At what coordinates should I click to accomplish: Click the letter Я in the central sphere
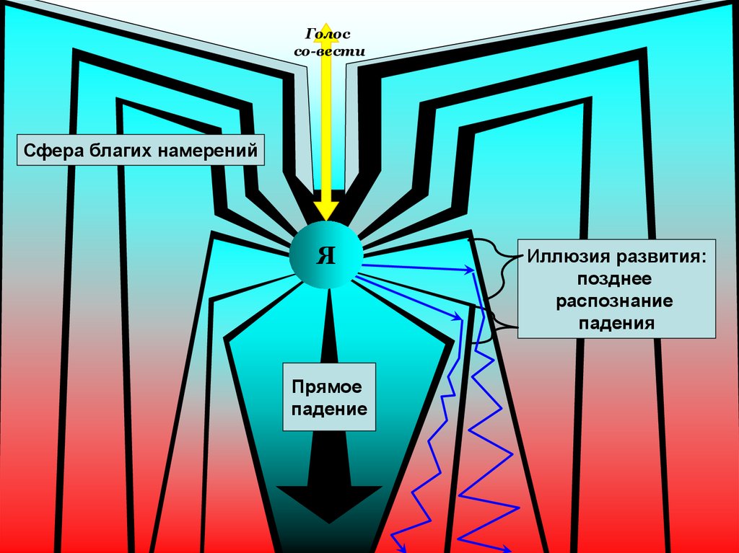(326, 255)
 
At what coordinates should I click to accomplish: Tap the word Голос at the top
(328, 35)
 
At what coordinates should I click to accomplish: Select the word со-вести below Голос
(329, 51)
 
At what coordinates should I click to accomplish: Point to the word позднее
(614, 278)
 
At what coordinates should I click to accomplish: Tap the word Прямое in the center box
(326, 387)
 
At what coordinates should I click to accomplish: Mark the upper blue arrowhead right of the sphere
(469, 270)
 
